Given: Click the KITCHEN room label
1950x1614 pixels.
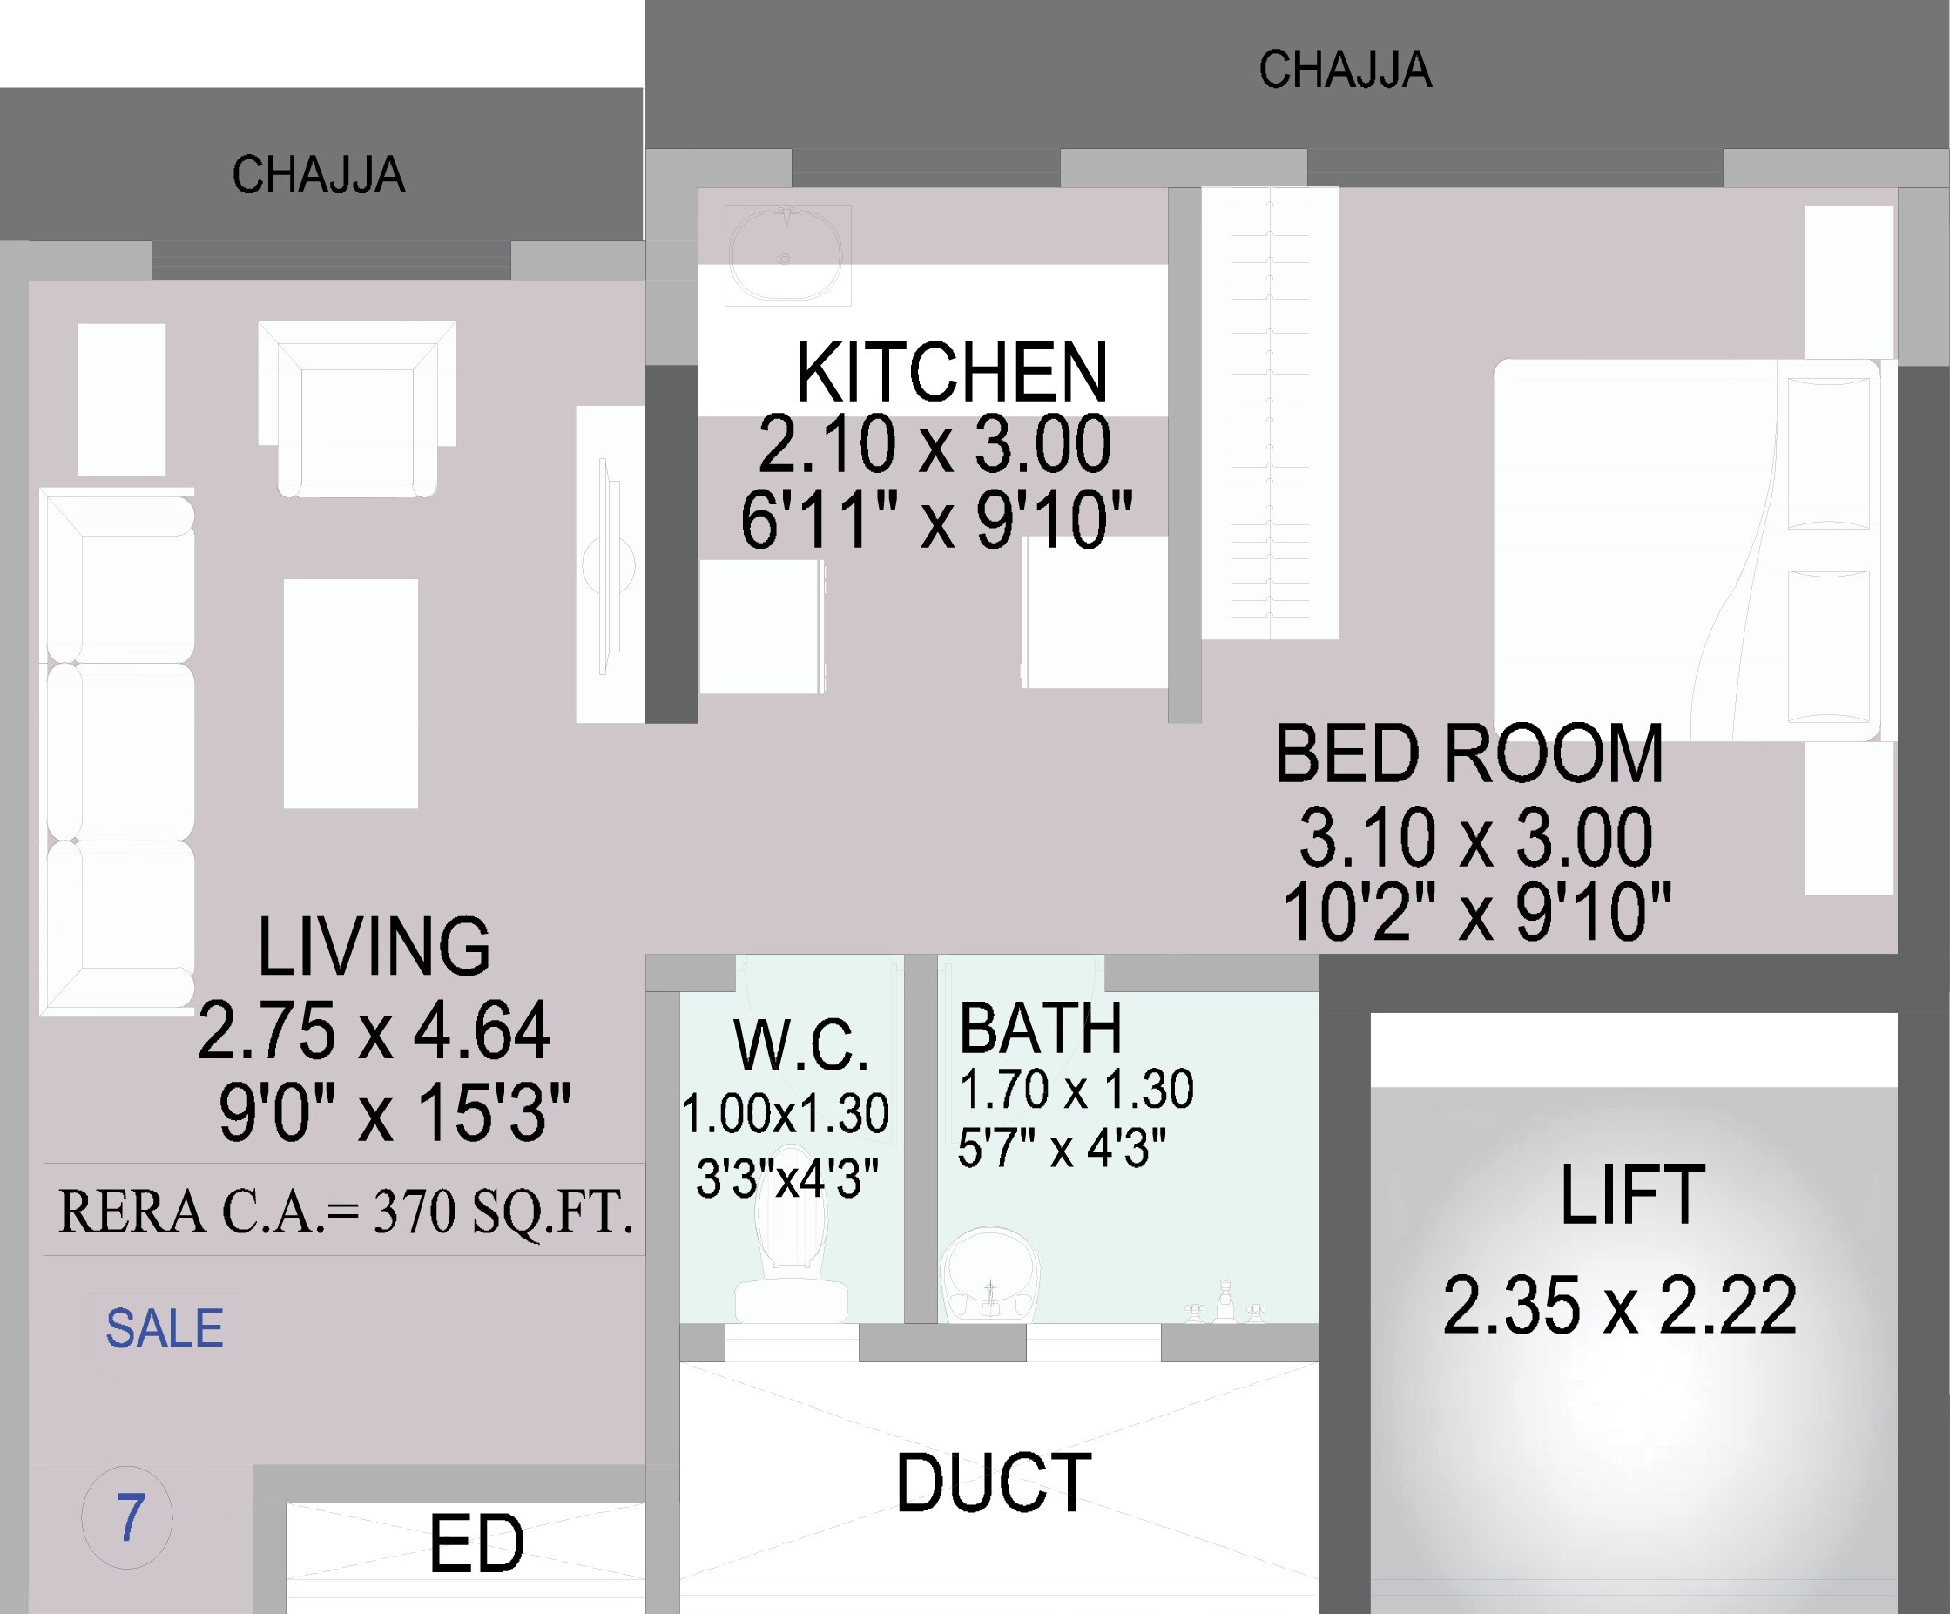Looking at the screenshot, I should (952, 373).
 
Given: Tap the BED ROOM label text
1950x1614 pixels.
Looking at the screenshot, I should (1469, 754).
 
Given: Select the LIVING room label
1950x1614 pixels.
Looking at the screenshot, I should (374, 947).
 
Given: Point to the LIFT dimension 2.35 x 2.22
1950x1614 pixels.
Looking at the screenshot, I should (1619, 1307).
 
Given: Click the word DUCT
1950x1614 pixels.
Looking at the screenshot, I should (994, 1484).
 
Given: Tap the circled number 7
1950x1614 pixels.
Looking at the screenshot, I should (127, 1518).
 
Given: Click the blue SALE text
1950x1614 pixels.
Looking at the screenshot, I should (165, 1329).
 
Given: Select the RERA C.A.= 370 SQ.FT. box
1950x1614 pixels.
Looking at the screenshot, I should (345, 1211).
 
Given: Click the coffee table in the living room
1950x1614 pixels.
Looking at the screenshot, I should (350, 692).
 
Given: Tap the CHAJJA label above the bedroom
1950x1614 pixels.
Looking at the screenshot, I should (1345, 71).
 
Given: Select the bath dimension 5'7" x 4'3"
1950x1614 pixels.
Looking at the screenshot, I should (1062, 1149).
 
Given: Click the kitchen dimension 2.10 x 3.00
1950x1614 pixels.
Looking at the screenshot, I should (935, 445).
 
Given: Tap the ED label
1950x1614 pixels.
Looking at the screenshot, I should (476, 1544).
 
